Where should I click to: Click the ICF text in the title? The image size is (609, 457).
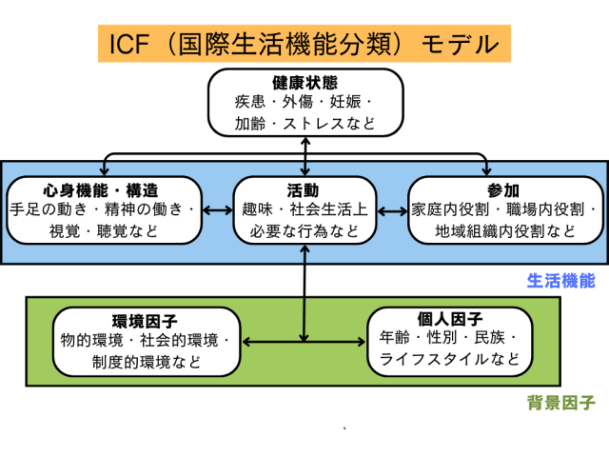[134, 44]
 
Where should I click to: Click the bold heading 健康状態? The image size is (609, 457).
[304, 82]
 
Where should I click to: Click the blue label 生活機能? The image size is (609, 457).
[560, 282]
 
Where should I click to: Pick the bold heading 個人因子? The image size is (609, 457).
[451, 318]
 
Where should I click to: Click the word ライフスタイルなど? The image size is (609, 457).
[450, 359]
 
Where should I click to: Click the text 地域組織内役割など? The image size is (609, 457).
[505, 229]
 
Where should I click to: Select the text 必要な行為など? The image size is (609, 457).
[304, 229]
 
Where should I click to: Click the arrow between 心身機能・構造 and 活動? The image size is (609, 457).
[219, 209]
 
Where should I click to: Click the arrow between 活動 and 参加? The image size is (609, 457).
[391, 209]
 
